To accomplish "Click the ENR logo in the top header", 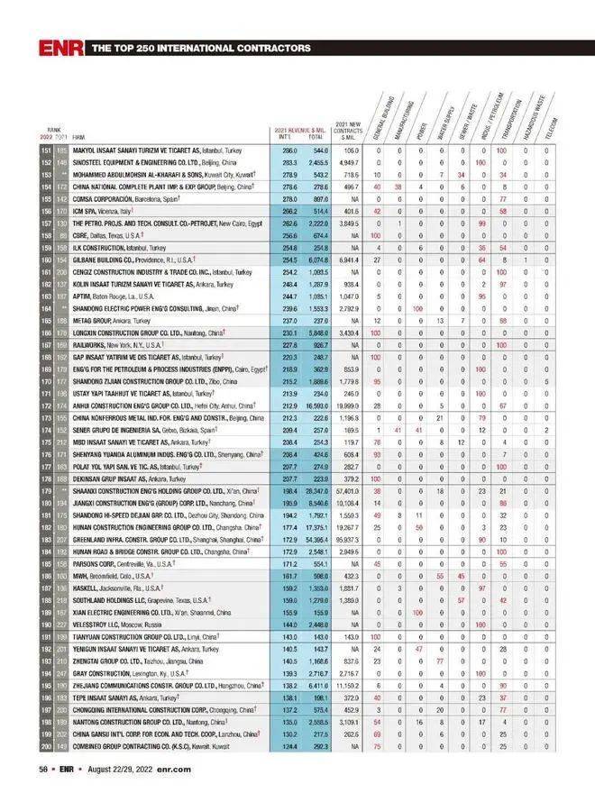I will coord(62,47).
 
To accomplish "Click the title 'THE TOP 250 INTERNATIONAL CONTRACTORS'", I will coord(202,48).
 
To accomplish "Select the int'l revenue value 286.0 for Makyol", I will coord(289,150).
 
